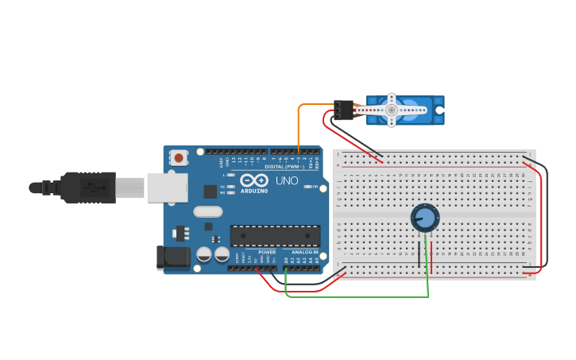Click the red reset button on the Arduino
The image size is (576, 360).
(179, 158)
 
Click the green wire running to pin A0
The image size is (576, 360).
(358, 297)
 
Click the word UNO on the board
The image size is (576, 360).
(287, 180)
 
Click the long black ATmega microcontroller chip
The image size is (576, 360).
(275, 236)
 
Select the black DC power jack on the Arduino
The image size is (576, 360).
(172, 256)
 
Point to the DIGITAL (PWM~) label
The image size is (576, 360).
(284, 167)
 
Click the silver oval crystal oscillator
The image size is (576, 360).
(207, 211)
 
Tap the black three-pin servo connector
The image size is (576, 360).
(343, 110)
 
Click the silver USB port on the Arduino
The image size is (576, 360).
(168, 188)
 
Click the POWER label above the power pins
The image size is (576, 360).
(267, 252)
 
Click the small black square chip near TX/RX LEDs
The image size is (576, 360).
(210, 191)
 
